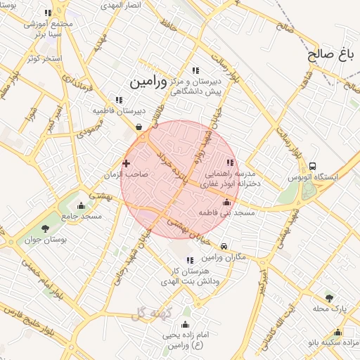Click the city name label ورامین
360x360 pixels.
click(x=148, y=82)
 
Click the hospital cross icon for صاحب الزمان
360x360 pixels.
click(x=127, y=163)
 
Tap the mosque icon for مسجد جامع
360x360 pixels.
click(x=82, y=206)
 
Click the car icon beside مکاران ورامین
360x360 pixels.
click(x=224, y=247)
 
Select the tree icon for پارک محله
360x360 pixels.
click(x=329, y=298)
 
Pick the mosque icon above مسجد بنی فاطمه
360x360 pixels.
click(x=226, y=202)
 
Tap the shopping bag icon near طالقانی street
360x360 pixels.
click(x=139, y=127)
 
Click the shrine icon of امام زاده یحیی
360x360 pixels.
click(x=185, y=324)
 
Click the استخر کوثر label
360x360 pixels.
click(x=44, y=58)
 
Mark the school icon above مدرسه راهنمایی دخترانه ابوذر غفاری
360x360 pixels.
click(x=230, y=163)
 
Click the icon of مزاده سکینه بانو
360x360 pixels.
click(x=338, y=333)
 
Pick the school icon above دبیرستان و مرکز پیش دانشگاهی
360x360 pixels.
click(x=195, y=70)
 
